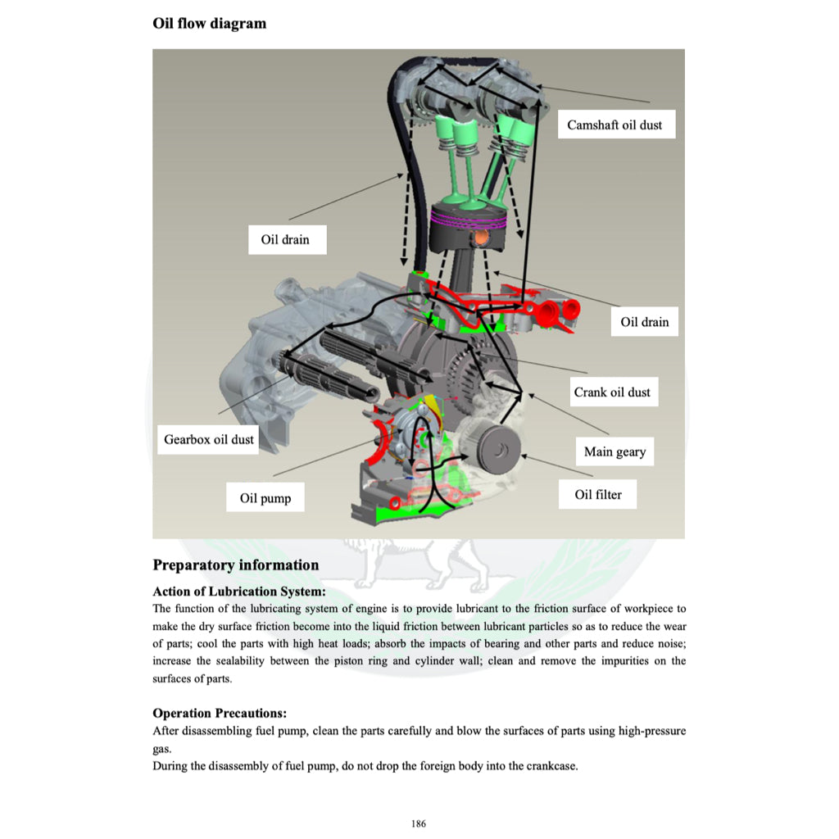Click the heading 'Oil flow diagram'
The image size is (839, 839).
209,23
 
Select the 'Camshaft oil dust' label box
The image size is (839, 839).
615,125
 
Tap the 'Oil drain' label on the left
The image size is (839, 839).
286,240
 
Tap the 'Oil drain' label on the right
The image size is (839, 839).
644,322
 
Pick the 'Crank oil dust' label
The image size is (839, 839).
612,392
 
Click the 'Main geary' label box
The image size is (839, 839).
615,451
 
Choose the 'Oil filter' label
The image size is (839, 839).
598,494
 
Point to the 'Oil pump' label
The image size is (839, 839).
265,498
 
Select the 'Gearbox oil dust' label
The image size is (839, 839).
209,439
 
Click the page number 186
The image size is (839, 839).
419,823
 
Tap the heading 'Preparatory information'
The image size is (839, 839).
236,565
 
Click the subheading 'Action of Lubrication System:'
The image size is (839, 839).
239,591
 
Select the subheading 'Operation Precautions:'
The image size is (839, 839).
220,713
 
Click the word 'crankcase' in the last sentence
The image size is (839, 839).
551,767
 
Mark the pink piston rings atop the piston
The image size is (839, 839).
471,217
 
